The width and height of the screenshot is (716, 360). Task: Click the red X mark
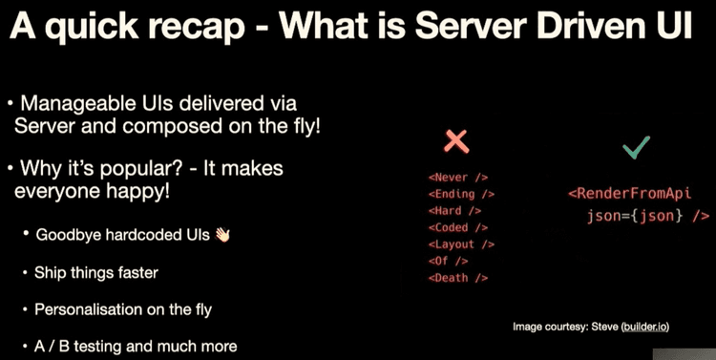point(458,141)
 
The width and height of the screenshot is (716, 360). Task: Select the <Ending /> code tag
point(460,193)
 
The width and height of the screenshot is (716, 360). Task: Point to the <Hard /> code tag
point(454,210)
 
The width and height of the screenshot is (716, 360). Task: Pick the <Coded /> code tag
point(457,227)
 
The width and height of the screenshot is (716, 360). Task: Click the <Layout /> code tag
point(460,244)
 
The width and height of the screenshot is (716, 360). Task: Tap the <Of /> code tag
point(449,261)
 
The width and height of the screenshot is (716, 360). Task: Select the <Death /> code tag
point(457,278)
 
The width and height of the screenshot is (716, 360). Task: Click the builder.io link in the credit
point(644,327)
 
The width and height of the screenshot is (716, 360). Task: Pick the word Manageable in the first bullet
point(84,103)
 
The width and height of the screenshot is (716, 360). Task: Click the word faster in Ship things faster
point(137,273)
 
